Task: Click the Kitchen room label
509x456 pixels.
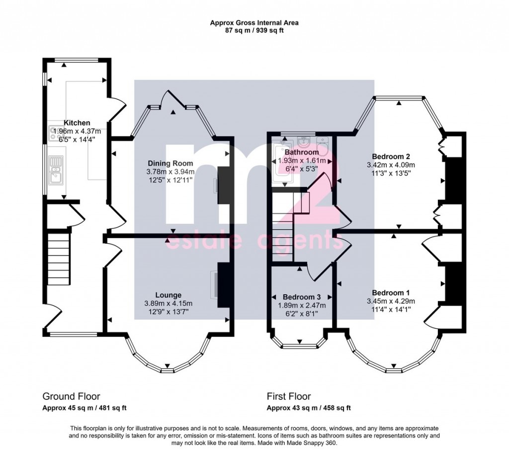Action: point(77,123)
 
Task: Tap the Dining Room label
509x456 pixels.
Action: point(170,163)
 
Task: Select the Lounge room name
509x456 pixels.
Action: point(168,295)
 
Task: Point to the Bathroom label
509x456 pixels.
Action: point(302,152)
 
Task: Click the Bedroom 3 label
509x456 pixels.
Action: point(302,297)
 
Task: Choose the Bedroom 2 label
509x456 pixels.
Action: point(391,156)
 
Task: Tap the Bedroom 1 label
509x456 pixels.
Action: point(391,293)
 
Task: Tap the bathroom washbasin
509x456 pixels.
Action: point(304,141)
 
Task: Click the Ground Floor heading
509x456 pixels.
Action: point(71,396)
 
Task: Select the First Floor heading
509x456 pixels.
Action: point(289,396)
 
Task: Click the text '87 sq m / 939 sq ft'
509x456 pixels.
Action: point(254,31)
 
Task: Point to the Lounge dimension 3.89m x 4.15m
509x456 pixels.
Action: point(168,304)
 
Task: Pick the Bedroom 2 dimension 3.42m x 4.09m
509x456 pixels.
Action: point(391,165)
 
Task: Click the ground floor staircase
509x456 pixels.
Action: point(59,257)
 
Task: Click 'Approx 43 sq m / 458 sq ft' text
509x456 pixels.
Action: point(309,408)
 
